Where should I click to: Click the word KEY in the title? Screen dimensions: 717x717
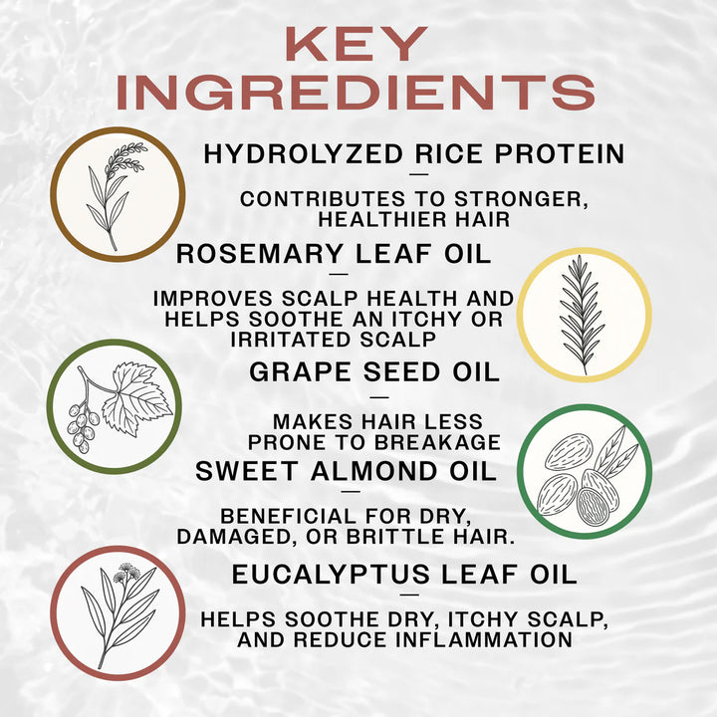click(358, 45)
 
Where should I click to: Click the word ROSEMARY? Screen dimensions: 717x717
click(255, 254)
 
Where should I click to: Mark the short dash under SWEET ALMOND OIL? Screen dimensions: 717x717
click(350, 490)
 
